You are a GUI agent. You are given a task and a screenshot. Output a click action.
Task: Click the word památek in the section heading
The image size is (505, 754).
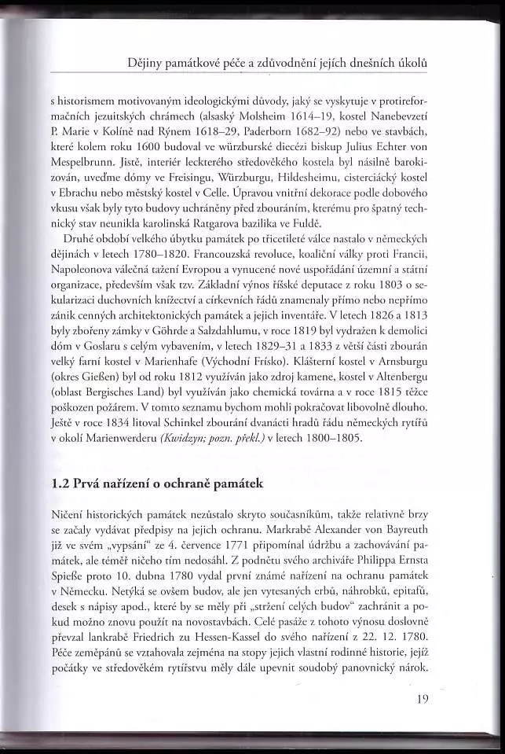coord(243,484)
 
